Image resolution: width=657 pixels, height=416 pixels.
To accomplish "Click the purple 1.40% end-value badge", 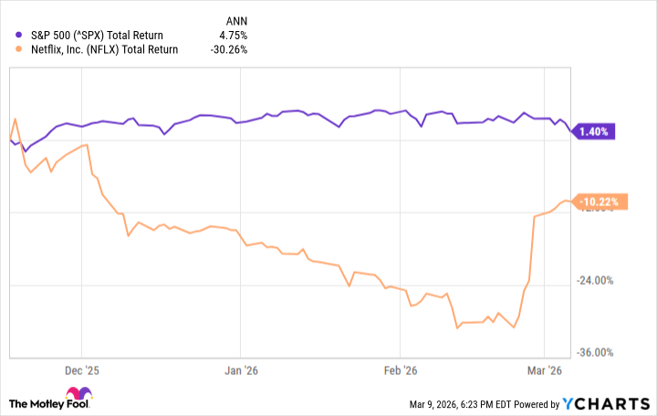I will (x=594, y=131).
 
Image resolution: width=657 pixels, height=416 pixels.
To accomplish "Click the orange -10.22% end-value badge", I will (x=600, y=203).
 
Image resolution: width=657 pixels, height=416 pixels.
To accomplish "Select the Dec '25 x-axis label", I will (x=81, y=371).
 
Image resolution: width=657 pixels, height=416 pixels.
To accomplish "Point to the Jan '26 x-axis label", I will (x=240, y=371).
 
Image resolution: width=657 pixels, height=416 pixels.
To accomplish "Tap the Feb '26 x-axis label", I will (x=399, y=371).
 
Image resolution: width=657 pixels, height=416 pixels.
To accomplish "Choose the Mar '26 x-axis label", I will (x=543, y=371).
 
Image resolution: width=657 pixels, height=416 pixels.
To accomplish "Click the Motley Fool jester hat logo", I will (x=95, y=401).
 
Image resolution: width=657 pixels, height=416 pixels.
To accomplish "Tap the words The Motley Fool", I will (x=46, y=402).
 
